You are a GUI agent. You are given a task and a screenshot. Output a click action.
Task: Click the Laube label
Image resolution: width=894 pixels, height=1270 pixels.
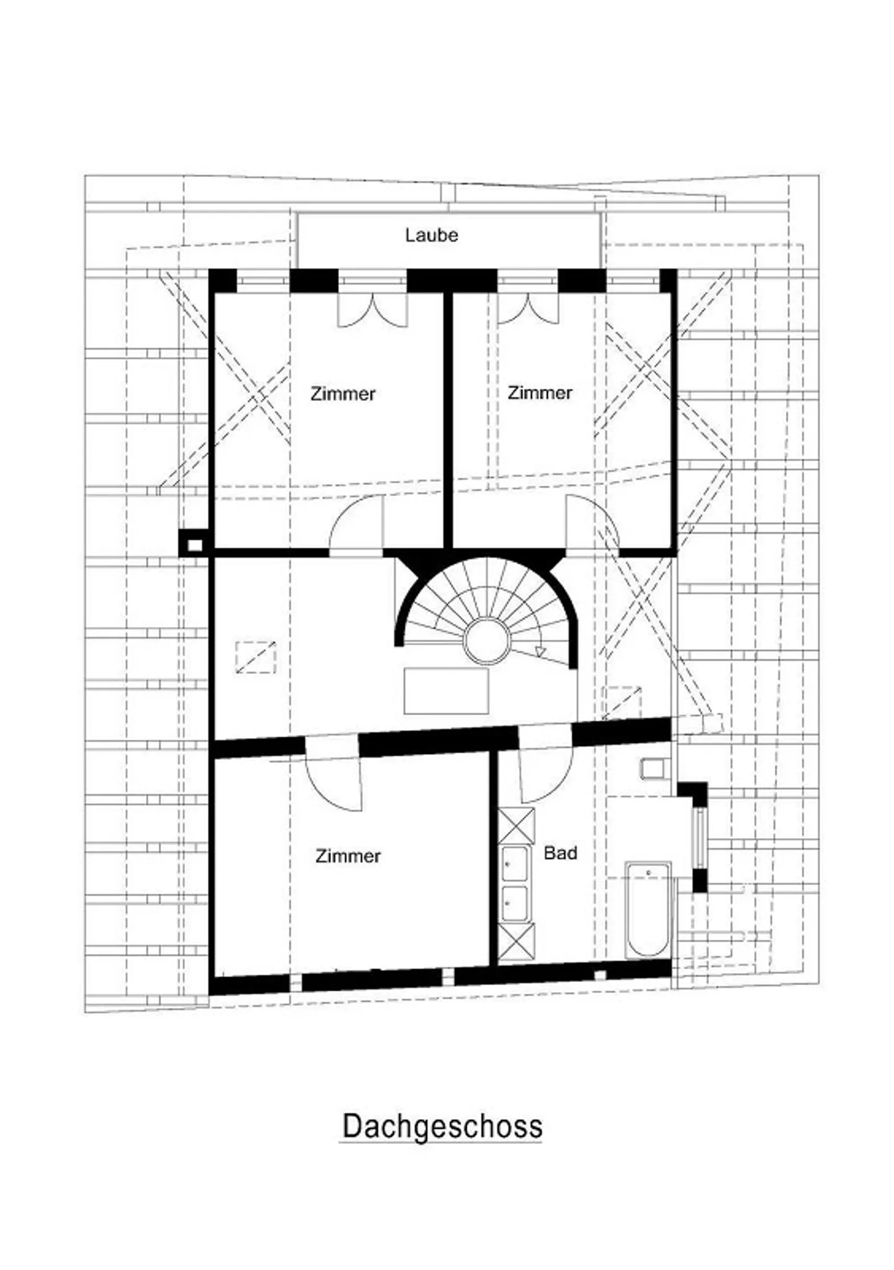(x=431, y=235)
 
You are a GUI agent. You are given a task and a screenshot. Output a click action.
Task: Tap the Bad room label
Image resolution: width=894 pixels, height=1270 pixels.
(x=560, y=853)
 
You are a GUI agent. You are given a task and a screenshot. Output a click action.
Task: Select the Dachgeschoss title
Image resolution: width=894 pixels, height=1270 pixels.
(x=442, y=1126)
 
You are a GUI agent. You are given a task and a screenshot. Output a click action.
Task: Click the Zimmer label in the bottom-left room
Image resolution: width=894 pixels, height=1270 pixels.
(x=348, y=856)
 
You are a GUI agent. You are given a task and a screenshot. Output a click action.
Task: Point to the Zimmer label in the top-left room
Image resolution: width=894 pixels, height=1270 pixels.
(x=343, y=394)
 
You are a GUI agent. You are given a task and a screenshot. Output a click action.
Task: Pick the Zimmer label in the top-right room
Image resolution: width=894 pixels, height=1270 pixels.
(x=540, y=392)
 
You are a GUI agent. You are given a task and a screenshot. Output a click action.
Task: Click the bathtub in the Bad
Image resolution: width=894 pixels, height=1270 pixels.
(x=648, y=909)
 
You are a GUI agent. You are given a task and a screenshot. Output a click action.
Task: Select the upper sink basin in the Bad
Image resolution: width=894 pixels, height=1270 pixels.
(x=515, y=863)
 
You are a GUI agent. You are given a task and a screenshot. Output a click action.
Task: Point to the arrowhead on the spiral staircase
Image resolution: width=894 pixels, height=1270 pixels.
(x=540, y=652)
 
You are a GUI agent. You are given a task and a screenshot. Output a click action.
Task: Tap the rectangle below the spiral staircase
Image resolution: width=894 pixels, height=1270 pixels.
(x=446, y=691)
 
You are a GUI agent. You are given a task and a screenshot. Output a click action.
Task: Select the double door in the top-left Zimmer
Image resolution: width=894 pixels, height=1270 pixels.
(x=372, y=310)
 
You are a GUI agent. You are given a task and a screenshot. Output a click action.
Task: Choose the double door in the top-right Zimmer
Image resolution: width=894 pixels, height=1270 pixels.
(x=528, y=308)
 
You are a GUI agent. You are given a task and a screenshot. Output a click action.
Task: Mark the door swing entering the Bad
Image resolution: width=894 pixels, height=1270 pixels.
(x=546, y=776)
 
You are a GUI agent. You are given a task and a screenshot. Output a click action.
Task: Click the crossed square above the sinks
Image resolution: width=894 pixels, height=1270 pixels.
(x=517, y=826)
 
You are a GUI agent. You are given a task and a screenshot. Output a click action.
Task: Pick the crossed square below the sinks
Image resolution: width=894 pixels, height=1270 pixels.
(x=517, y=942)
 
